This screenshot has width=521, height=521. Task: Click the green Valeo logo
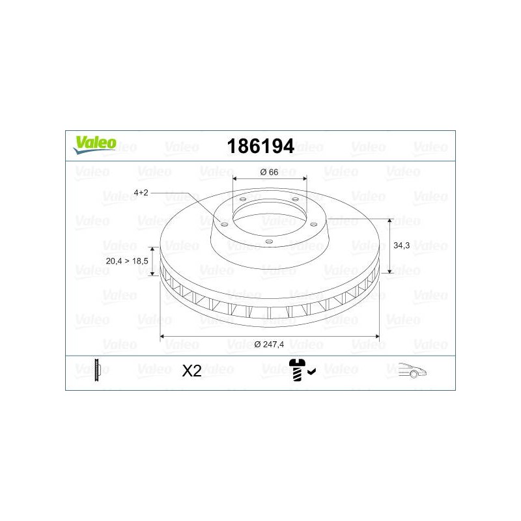tap(94, 145)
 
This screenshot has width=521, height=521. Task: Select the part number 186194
tap(260, 146)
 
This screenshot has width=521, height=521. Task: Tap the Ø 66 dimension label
tap(269, 172)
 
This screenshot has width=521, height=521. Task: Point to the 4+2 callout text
tap(141, 192)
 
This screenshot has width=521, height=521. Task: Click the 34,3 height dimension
tap(401, 246)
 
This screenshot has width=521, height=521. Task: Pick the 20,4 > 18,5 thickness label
tap(127, 261)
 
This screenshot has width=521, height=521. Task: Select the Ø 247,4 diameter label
tap(269, 345)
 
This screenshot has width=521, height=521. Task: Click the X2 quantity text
tap(191, 371)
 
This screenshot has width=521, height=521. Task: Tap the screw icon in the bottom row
tap(298, 370)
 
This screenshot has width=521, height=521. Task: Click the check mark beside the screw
tap(312, 371)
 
